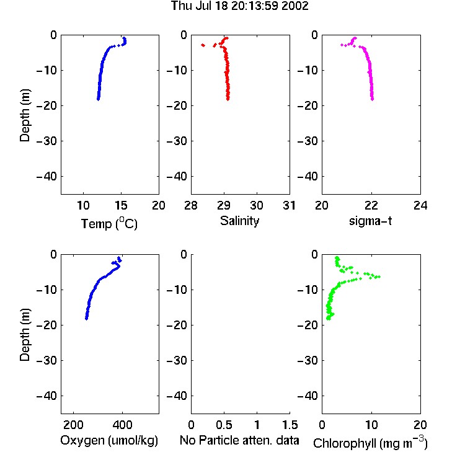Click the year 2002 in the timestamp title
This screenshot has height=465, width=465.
[294, 6]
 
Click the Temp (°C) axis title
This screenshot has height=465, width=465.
[109, 223]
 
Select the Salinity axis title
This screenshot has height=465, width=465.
[239, 221]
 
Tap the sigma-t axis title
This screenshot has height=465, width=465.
[370, 221]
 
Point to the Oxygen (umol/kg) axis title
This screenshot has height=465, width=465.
[109, 441]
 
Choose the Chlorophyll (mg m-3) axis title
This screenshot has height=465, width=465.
[370, 443]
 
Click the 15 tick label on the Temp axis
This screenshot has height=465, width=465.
[121, 205]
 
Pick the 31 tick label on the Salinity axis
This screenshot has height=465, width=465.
[289, 205]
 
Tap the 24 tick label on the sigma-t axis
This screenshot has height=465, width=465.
[420, 205]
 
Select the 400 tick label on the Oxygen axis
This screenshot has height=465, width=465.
[122, 425]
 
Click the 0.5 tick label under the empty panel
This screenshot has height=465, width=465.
[224, 425]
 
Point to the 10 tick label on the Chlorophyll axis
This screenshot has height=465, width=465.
[371, 425]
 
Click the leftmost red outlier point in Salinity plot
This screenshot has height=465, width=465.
[203, 45]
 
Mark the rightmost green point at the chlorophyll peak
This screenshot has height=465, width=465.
[379, 277]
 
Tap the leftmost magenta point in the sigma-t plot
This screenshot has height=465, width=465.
[342, 45]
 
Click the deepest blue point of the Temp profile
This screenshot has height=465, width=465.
[98, 99]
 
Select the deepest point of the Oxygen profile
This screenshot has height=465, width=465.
[86, 319]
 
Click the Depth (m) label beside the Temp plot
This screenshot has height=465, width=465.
[25, 115]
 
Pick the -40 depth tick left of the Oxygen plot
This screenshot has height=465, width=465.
[46, 396]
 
